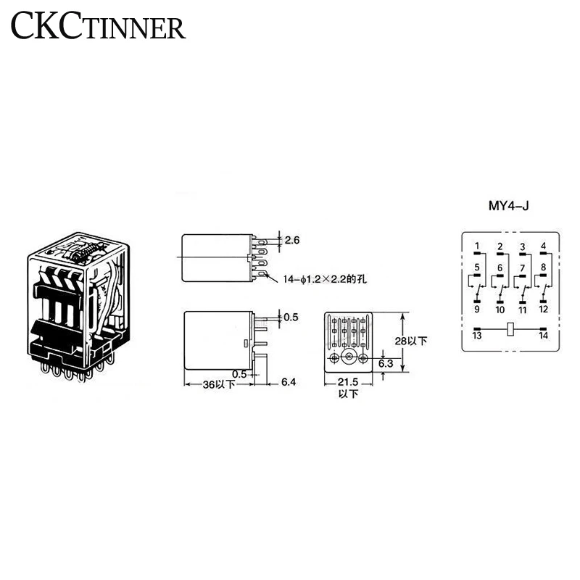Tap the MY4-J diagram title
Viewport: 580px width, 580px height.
[508, 206]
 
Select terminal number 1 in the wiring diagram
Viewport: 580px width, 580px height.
[477, 247]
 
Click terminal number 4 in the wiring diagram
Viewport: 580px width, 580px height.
[544, 247]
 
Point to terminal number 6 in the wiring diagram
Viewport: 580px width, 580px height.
[500, 269]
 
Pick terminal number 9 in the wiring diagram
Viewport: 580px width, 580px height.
[477, 310]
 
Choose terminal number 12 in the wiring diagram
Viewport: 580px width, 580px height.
[544, 310]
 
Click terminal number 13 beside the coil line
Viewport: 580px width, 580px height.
[477, 336]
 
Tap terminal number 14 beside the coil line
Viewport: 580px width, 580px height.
[544, 336]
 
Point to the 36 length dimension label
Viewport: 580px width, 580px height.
[209, 385]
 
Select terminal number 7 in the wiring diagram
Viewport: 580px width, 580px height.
[522, 269]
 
